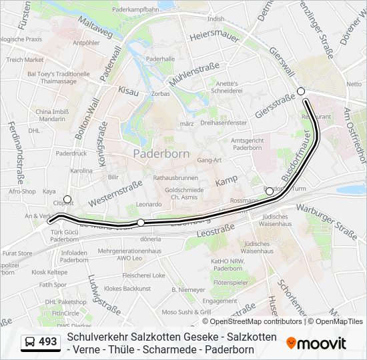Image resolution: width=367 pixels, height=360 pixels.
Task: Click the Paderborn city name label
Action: [x=161, y=153]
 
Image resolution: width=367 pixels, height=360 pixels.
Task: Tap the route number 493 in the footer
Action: [x=48, y=341]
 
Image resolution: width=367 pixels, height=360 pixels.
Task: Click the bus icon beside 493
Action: [x=30, y=342]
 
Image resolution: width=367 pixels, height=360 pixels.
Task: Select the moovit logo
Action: [x=316, y=343]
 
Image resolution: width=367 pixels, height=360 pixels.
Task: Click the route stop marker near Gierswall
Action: [x=301, y=91]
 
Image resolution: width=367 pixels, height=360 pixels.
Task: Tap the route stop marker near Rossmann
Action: [x=270, y=191]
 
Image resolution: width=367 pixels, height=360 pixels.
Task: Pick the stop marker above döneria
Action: [x=141, y=222]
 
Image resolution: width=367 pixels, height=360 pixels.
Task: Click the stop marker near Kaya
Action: [x=67, y=199]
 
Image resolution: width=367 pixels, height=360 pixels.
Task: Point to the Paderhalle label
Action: [x=161, y=59]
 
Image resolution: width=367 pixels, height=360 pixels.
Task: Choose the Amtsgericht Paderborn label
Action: [x=246, y=144]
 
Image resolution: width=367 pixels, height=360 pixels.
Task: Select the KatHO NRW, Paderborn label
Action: [x=228, y=265]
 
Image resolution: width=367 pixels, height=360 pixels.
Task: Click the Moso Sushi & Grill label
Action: [x=186, y=311]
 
